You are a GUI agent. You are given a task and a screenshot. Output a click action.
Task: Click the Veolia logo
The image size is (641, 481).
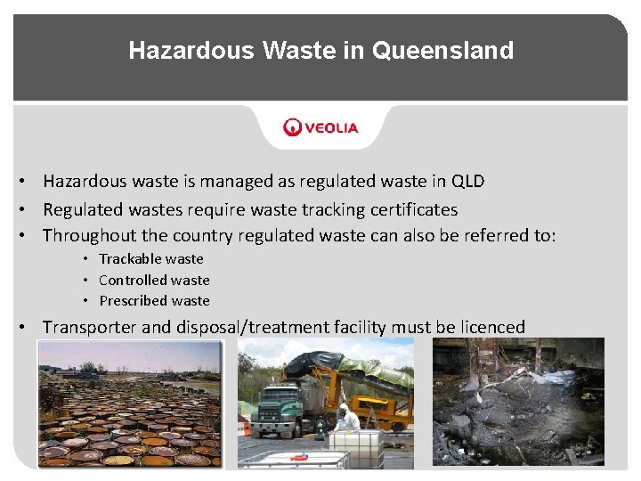[321, 127]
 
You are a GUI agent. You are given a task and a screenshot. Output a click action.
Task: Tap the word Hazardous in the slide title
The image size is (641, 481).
[191, 50]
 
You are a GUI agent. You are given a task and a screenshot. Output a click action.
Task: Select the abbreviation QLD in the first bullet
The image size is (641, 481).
[468, 182]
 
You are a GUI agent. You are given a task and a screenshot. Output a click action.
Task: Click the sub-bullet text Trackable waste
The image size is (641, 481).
[151, 259]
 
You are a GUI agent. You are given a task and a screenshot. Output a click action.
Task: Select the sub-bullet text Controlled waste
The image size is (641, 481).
[154, 280]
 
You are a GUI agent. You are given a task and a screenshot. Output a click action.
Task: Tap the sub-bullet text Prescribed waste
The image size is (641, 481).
[154, 301]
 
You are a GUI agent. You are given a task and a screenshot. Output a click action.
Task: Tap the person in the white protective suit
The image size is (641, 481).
[347, 419]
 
